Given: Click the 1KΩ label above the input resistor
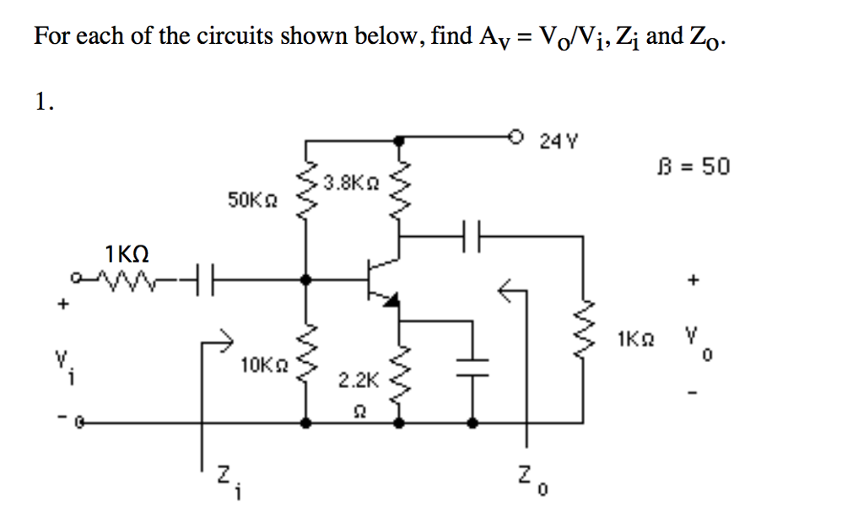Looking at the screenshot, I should pyautogui.click(x=127, y=252).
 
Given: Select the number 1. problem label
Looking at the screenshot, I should pyautogui.click(x=44, y=102).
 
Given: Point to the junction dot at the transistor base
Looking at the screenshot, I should pyautogui.click(x=305, y=278).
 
